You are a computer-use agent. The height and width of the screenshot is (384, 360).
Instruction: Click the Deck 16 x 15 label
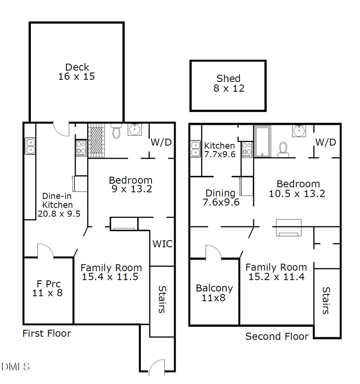click(x=76, y=72)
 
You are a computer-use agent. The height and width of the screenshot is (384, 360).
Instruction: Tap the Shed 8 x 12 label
click(x=228, y=83)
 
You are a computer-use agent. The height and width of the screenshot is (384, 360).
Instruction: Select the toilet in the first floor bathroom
click(x=116, y=130)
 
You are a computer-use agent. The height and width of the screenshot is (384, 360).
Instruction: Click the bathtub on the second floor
click(x=262, y=141)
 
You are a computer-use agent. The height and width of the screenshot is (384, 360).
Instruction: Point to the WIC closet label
click(x=163, y=243)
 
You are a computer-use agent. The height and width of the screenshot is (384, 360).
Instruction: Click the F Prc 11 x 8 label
click(x=47, y=288)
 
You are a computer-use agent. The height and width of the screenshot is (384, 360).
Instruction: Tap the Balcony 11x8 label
click(x=214, y=293)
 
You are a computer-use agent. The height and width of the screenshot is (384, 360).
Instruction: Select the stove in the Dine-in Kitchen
click(x=81, y=149)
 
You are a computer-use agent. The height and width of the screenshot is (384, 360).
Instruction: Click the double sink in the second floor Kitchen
click(x=196, y=149)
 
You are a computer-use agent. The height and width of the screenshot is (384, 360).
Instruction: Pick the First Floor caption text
click(x=46, y=333)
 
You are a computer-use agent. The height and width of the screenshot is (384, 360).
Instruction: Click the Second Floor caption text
click(x=277, y=336)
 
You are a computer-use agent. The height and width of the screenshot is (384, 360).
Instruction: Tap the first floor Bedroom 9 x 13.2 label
click(x=130, y=184)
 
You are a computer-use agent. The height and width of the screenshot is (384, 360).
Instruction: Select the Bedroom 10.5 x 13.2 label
click(x=298, y=188)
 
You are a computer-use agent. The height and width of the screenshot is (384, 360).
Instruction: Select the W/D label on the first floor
click(x=162, y=142)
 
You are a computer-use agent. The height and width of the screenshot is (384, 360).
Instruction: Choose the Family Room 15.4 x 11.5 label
click(x=111, y=272)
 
